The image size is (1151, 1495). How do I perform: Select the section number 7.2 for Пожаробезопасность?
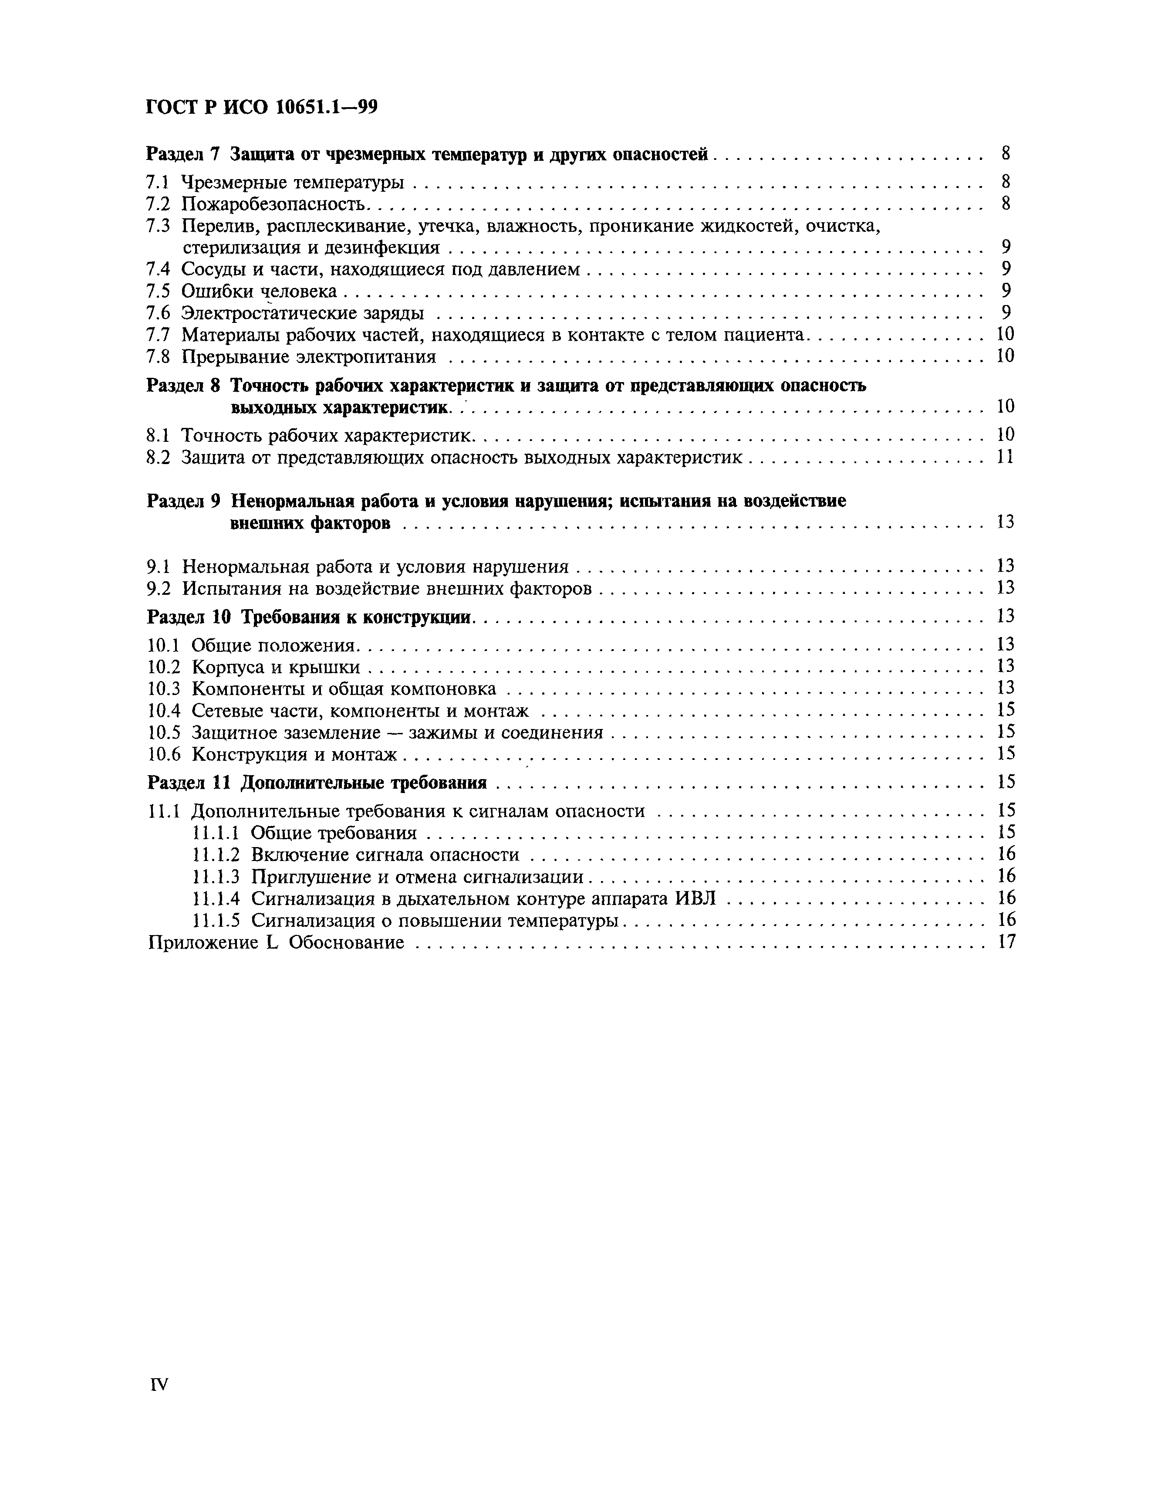(158, 204)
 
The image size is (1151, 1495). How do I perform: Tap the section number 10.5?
(164, 732)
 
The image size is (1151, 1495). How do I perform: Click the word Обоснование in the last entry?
(346, 942)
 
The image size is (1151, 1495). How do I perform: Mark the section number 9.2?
(158, 588)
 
